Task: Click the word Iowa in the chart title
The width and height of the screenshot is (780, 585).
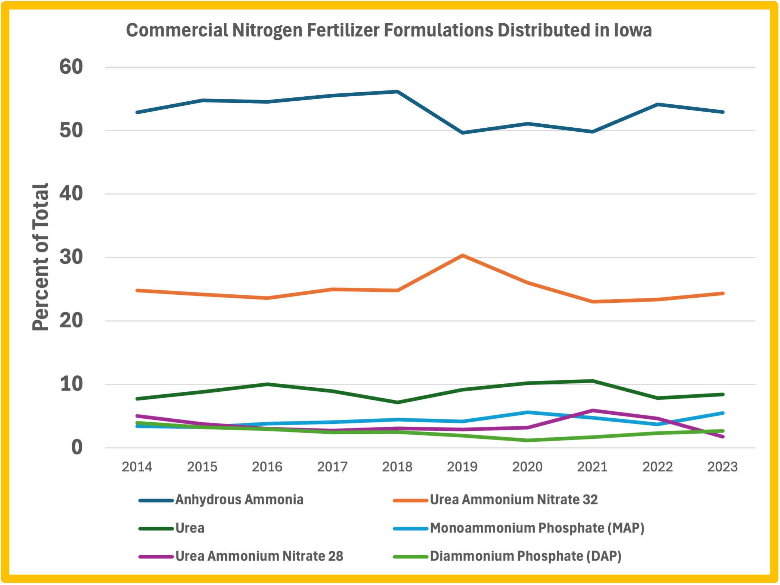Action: point(633,30)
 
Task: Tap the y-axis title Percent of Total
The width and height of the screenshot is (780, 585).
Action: point(40,257)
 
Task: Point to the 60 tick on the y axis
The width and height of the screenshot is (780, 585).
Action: point(71,67)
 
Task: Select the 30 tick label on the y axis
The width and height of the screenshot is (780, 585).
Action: point(71,257)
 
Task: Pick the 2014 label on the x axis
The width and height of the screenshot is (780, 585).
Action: point(137,467)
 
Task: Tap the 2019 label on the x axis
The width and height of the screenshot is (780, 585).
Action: point(462,467)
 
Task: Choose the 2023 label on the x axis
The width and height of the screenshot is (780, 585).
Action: point(722,467)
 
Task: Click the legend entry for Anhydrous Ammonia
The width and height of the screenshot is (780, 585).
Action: point(239,500)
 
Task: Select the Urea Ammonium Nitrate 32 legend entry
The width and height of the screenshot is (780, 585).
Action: point(514,500)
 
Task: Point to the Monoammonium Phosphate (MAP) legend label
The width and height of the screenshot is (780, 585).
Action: point(537,528)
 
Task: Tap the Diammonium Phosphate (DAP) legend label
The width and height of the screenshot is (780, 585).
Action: point(525,556)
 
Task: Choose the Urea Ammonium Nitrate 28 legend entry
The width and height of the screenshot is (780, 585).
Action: point(259,556)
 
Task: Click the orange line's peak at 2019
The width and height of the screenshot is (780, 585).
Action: point(462,256)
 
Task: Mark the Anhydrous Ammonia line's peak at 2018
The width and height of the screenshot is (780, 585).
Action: point(397,92)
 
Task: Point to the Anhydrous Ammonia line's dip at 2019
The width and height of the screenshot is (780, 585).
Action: point(462,133)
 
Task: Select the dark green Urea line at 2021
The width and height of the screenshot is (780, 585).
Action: point(593,381)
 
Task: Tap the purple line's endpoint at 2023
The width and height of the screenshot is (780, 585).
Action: point(722,437)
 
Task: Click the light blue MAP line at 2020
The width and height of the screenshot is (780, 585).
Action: point(527,412)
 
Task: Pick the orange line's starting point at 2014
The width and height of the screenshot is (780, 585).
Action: point(137,290)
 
